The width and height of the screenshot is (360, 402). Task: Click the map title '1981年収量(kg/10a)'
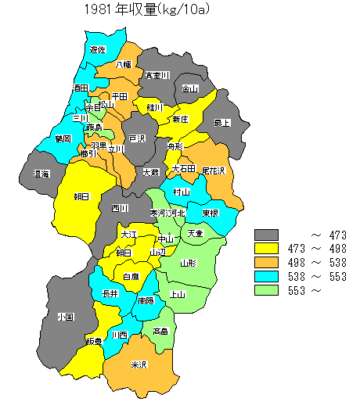click(149, 9)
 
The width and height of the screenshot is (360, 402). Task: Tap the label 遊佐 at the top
click(98, 50)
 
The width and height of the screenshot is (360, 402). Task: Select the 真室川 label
click(157, 76)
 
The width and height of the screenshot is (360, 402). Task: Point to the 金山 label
click(190, 89)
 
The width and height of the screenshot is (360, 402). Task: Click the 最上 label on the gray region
click(223, 123)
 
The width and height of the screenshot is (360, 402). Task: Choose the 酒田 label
click(81, 89)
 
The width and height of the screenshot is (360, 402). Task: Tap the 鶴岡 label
click(63, 138)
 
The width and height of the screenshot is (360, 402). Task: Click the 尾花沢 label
click(213, 170)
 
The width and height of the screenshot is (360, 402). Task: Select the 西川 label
click(119, 208)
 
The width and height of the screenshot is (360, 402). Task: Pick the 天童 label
click(195, 234)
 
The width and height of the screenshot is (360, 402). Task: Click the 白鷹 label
click(131, 276)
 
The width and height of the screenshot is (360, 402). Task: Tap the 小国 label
click(65, 318)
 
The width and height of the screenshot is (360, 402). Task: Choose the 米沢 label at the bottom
click(139, 365)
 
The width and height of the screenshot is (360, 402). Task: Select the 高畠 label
click(160, 331)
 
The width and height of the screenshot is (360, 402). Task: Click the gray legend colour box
click(267, 235)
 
